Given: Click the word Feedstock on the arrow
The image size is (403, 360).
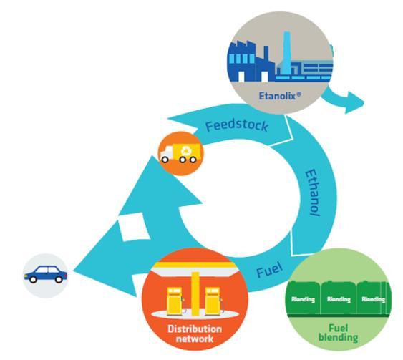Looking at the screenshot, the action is [x=237, y=126].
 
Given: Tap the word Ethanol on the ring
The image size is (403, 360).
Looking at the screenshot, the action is [x=313, y=193].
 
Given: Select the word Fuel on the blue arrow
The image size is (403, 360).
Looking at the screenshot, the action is [x=270, y=270].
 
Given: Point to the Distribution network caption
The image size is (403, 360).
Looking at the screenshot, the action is [x=195, y=334].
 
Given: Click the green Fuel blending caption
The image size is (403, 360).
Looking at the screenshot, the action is [x=339, y=333].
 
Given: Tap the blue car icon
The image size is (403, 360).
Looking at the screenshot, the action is [x=46, y=274].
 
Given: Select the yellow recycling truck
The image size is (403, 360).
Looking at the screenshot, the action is [x=180, y=153].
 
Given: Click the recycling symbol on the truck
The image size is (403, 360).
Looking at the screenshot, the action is [x=186, y=151].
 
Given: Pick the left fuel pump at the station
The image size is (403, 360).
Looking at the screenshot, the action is [x=175, y=301].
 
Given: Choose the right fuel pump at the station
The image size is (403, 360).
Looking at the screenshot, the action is [x=213, y=301].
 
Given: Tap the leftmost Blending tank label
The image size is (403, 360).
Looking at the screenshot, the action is [x=303, y=299].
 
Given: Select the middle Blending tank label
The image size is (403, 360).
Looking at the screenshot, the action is [x=339, y=299].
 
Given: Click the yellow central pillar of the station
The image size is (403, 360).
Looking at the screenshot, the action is [x=195, y=293].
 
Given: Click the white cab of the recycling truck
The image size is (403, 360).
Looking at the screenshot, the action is [x=167, y=152].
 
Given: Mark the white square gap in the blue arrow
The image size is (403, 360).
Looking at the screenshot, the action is [x=134, y=227].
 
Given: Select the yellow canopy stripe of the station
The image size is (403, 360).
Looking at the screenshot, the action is [x=194, y=265].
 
